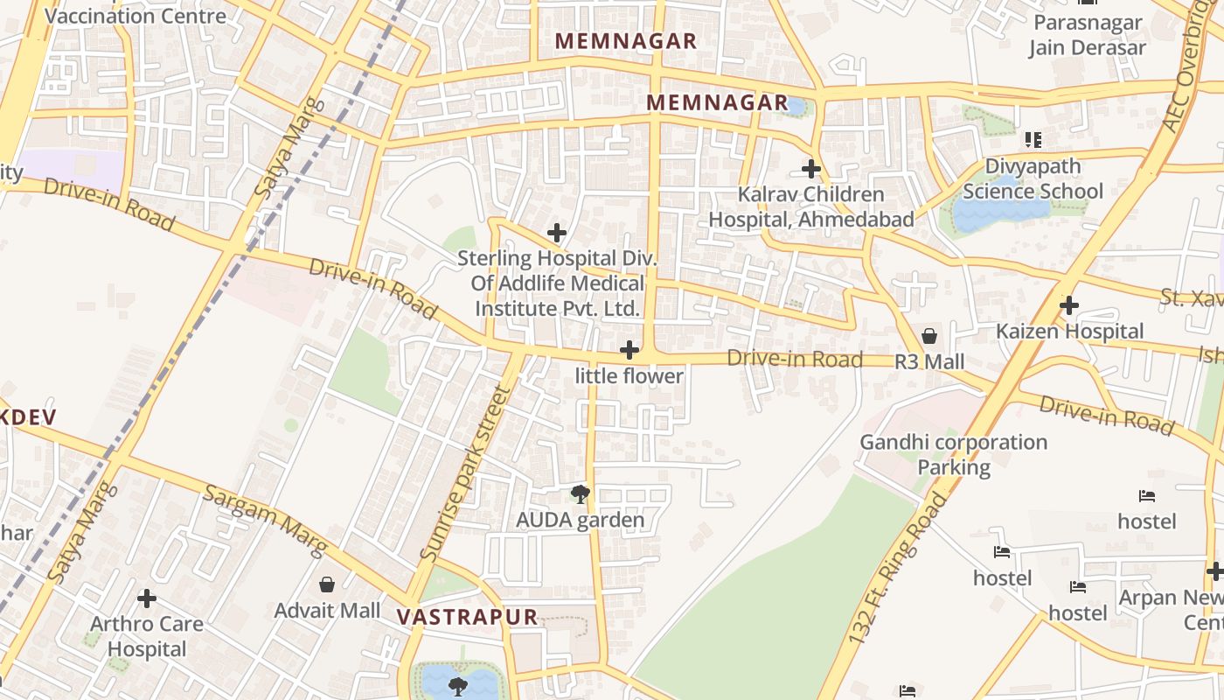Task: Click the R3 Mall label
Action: (929, 362)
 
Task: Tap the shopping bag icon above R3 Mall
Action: (929, 337)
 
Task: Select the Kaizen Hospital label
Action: (1069, 332)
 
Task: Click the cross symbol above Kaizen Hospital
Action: (1068, 305)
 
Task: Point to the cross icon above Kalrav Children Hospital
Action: (811, 168)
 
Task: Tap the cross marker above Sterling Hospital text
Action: (556, 233)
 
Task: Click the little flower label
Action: (629, 376)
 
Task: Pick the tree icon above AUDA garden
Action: (580, 495)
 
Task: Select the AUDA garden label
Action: (580, 521)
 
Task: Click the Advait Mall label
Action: (327, 610)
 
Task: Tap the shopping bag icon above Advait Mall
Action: (327, 584)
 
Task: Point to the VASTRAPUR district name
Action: (467, 617)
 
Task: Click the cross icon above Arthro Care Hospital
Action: (147, 598)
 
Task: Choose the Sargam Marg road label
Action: (265, 519)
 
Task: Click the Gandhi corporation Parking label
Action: (953, 454)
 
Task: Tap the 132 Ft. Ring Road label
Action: (898, 570)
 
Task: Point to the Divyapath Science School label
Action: (1033, 178)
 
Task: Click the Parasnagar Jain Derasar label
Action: (1087, 35)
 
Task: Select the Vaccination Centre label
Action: (135, 16)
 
